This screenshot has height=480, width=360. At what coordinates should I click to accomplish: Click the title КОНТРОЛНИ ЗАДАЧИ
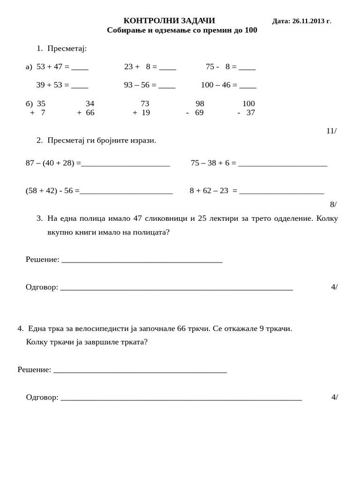(169, 21)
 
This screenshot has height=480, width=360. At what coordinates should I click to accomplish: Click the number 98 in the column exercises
(200, 104)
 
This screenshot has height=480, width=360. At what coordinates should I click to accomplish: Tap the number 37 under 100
(251, 112)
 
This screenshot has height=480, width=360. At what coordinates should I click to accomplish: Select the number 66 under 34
(90, 112)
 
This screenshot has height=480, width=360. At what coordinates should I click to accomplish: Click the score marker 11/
(331, 131)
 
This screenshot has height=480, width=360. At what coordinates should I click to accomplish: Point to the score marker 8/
(333, 204)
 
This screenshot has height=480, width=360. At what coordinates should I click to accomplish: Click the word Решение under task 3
(42, 259)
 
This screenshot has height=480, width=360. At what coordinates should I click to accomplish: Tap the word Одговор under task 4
(42, 397)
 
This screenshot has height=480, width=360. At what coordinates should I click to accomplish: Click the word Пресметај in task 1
(67, 48)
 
